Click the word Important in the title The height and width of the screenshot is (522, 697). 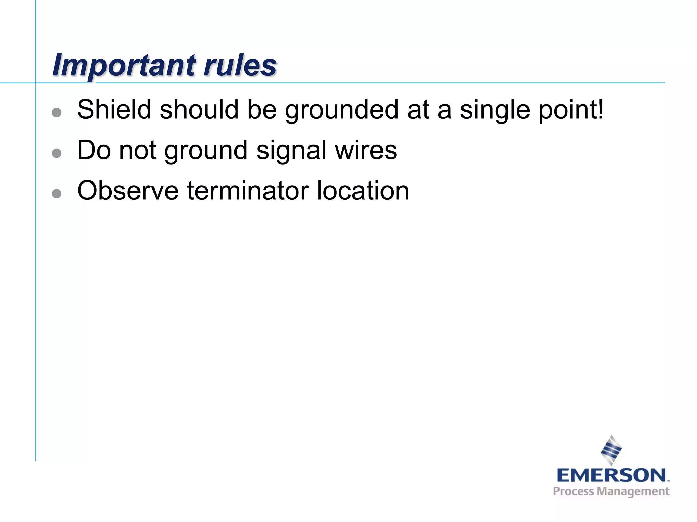pos(124,65)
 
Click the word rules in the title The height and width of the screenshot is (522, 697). pos(240,65)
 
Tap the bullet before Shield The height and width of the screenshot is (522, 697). pos(56,112)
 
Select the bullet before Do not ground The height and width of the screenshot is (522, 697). pos(56,153)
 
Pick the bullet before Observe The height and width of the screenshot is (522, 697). pos(56,194)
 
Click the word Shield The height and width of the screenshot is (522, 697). pos(114,109)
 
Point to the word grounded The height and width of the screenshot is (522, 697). pos(341,110)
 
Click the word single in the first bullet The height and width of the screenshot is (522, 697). pos(495,110)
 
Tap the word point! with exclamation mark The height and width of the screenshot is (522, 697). pos(571,110)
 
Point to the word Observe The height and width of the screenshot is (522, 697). pos(128,191)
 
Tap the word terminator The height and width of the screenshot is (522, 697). pos(247,191)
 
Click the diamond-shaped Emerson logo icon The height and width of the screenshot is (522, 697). pos(611,450)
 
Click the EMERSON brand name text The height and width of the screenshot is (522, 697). pos(611,475)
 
